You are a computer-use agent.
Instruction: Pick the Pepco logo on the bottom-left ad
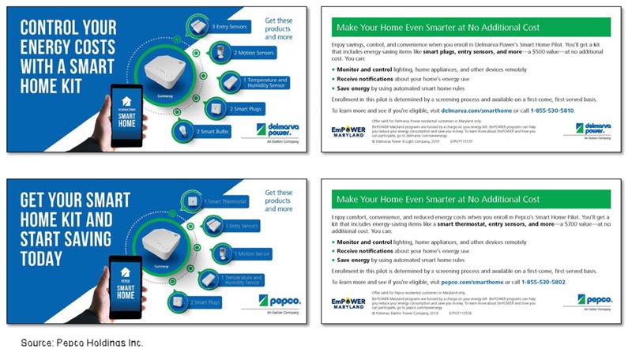pos(277,302)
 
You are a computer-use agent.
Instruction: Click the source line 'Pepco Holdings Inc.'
pos(82,343)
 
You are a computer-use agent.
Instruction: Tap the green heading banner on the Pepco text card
pos(471,200)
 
